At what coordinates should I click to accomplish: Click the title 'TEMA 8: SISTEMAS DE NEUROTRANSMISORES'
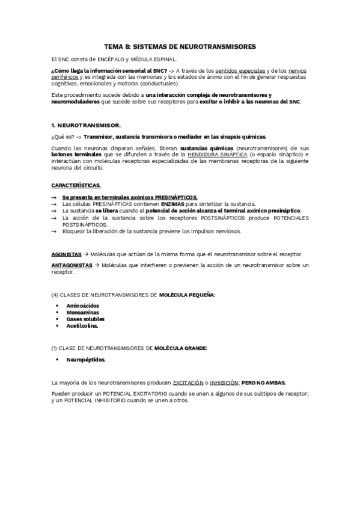tap(180, 46)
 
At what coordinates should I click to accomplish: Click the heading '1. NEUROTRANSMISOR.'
tap(86, 125)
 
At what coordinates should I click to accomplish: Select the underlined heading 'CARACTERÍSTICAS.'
tap(76, 186)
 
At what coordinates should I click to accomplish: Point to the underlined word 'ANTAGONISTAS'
tap(72, 265)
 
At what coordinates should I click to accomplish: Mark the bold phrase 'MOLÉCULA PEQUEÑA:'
tap(187, 295)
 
